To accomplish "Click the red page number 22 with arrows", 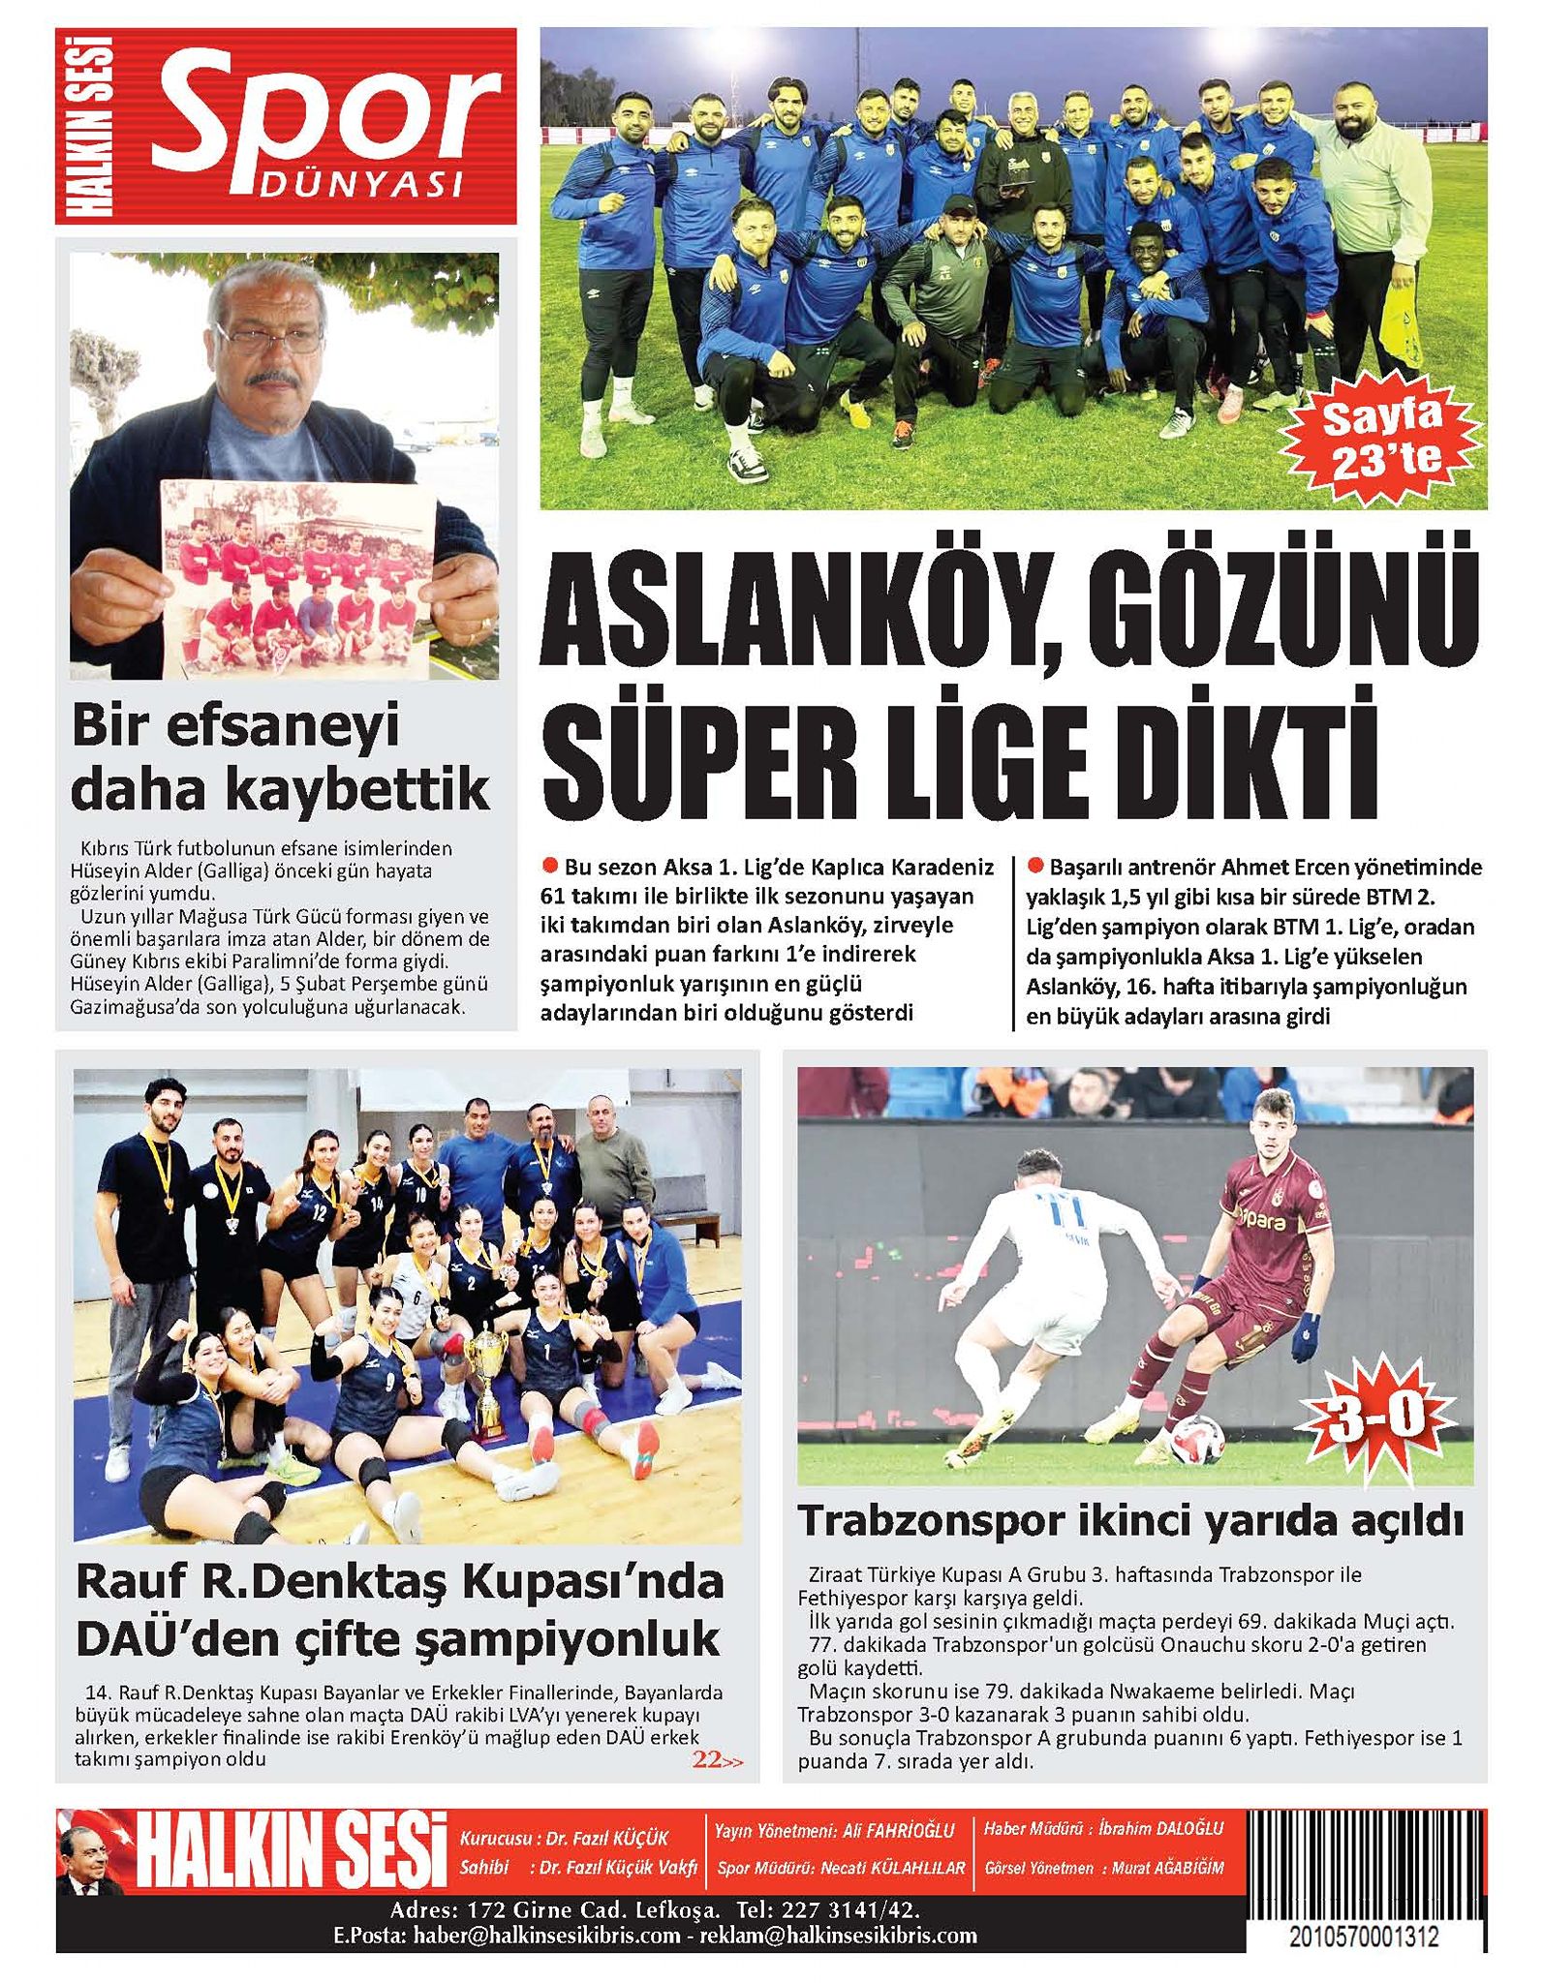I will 718,1760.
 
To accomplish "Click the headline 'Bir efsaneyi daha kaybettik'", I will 280,758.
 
